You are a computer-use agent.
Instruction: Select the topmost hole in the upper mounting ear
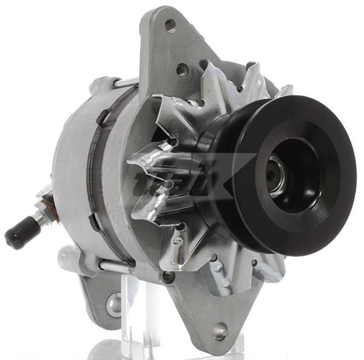click(x=170, y=25)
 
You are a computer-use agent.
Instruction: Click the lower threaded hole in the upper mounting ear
click(x=182, y=70)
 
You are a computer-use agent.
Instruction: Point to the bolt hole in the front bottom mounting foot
click(x=220, y=330)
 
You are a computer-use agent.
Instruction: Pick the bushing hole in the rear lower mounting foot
click(x=113, y=305)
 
